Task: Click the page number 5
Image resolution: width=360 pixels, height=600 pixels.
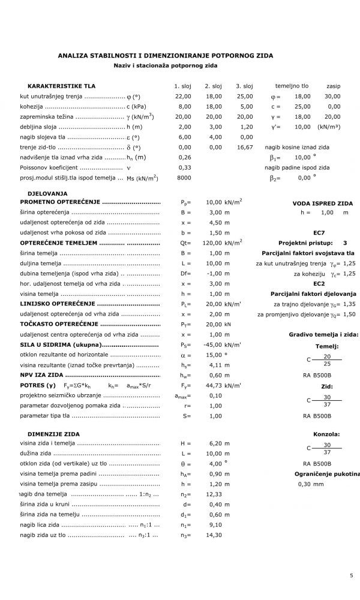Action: click(x=352, y=576)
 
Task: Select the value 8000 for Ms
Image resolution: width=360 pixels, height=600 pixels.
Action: click(x=184, y=178)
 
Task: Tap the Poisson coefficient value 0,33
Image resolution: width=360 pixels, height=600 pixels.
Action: click(x=185, y=167)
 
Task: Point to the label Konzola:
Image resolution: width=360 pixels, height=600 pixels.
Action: click(x=326, y=434)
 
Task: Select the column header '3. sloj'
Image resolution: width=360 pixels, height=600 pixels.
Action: click(x=244, y=86)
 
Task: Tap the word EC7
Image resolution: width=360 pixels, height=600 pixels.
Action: click(x=319, y=233)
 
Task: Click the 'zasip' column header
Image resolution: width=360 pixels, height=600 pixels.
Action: click(x=333, y=86)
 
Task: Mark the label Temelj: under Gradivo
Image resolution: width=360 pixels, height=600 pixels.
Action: click(x=327, y=347)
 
